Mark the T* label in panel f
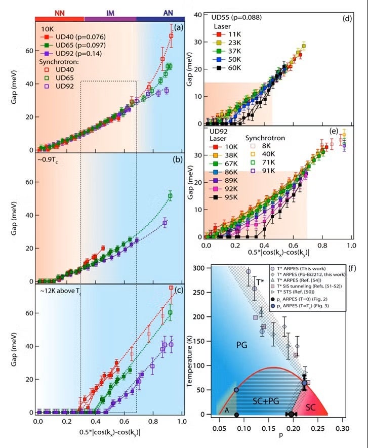(260, 282)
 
